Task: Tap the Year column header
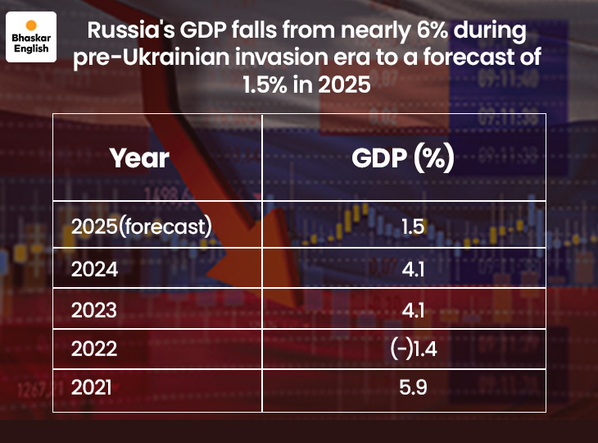click(139, 158)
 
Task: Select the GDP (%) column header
click(402, 158)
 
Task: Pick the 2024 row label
click(95, 269)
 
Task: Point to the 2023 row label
click(95, 310)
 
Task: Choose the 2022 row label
click(95, 349)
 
